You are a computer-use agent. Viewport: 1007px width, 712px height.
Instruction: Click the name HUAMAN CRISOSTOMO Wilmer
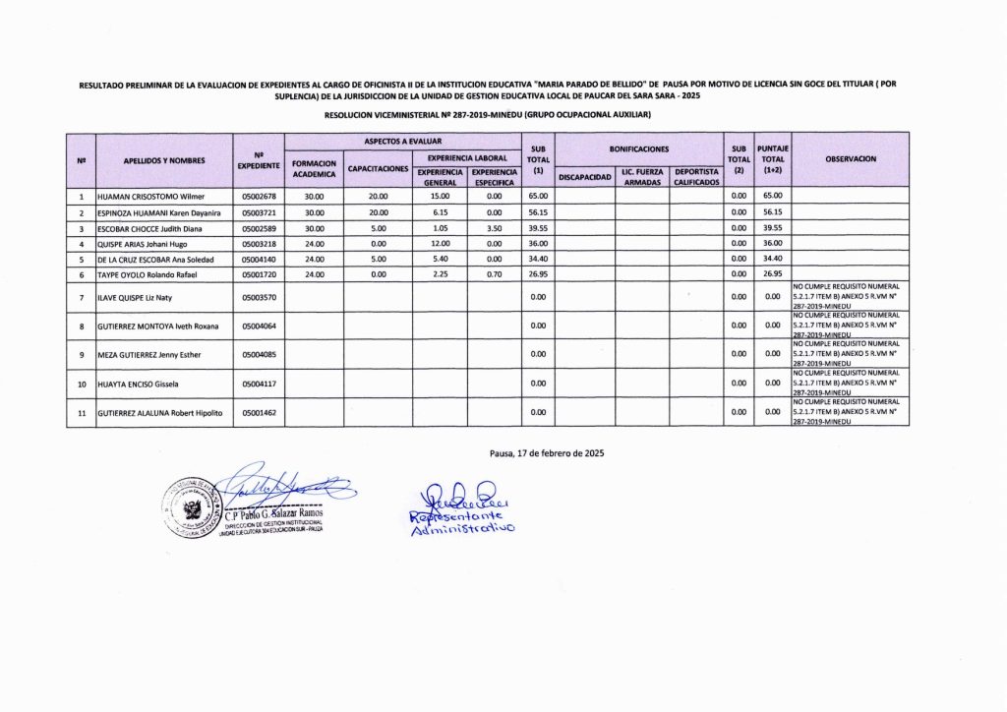point(149,196)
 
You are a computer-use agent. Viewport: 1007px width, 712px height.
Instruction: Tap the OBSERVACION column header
point(851,158)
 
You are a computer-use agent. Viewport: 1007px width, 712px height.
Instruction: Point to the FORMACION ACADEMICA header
point(315,169)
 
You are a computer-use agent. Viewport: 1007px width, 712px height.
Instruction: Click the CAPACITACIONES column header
point(378,169)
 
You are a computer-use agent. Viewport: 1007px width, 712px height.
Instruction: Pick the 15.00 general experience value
point(440,196)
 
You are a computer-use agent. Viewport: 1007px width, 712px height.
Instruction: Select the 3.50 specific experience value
point(494,227)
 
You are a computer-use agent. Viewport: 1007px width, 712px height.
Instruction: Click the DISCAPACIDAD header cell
point(585,178)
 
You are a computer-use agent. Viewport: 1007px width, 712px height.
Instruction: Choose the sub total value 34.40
point(538,259)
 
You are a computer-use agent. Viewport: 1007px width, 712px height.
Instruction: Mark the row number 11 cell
point(81,412)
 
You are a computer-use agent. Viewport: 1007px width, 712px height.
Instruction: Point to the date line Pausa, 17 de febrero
point(546,453)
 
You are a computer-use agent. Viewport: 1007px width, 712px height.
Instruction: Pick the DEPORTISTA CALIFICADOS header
point(695,177)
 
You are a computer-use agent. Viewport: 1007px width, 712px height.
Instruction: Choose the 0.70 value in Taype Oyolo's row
point(494,274)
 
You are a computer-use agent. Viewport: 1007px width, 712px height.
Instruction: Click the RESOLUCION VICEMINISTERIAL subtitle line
point(488,116)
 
